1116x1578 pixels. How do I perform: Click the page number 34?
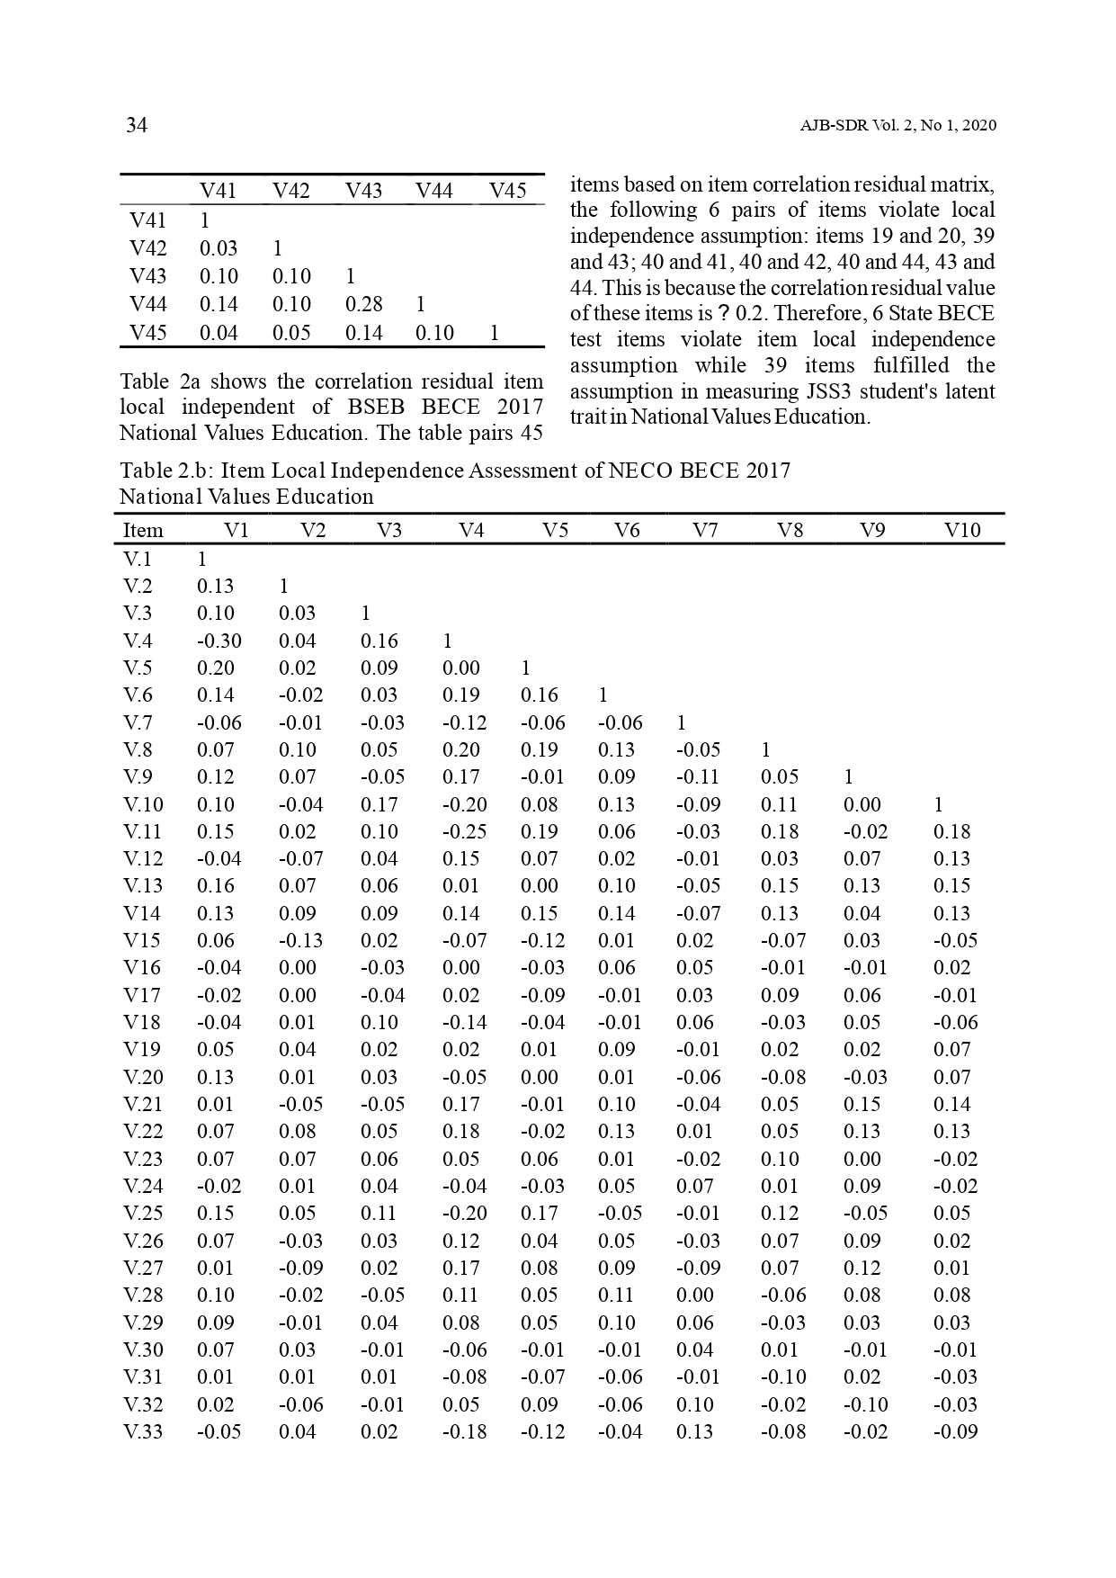[136, 125]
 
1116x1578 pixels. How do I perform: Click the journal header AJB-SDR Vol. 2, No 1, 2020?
[897, 126]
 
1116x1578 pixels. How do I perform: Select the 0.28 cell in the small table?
[363, 305]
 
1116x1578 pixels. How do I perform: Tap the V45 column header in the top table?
[507, 191]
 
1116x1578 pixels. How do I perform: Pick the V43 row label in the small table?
[147, 276]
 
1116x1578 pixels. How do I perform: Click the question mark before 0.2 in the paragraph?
[723, 314]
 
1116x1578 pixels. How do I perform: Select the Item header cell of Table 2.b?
[143, 531]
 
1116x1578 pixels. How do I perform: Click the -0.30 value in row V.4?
[219, 641]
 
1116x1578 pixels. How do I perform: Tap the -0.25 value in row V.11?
[464, 832]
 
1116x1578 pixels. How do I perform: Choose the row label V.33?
[143, 1431]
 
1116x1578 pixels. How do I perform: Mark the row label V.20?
[143, 1077]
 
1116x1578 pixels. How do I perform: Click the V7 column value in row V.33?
[694, 1431]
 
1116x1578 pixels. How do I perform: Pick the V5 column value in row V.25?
[539, 1214]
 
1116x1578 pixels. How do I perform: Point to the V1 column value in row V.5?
[215, 668]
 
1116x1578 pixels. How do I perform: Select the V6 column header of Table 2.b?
[626, 531]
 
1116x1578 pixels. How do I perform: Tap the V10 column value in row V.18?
[955, 1023]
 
